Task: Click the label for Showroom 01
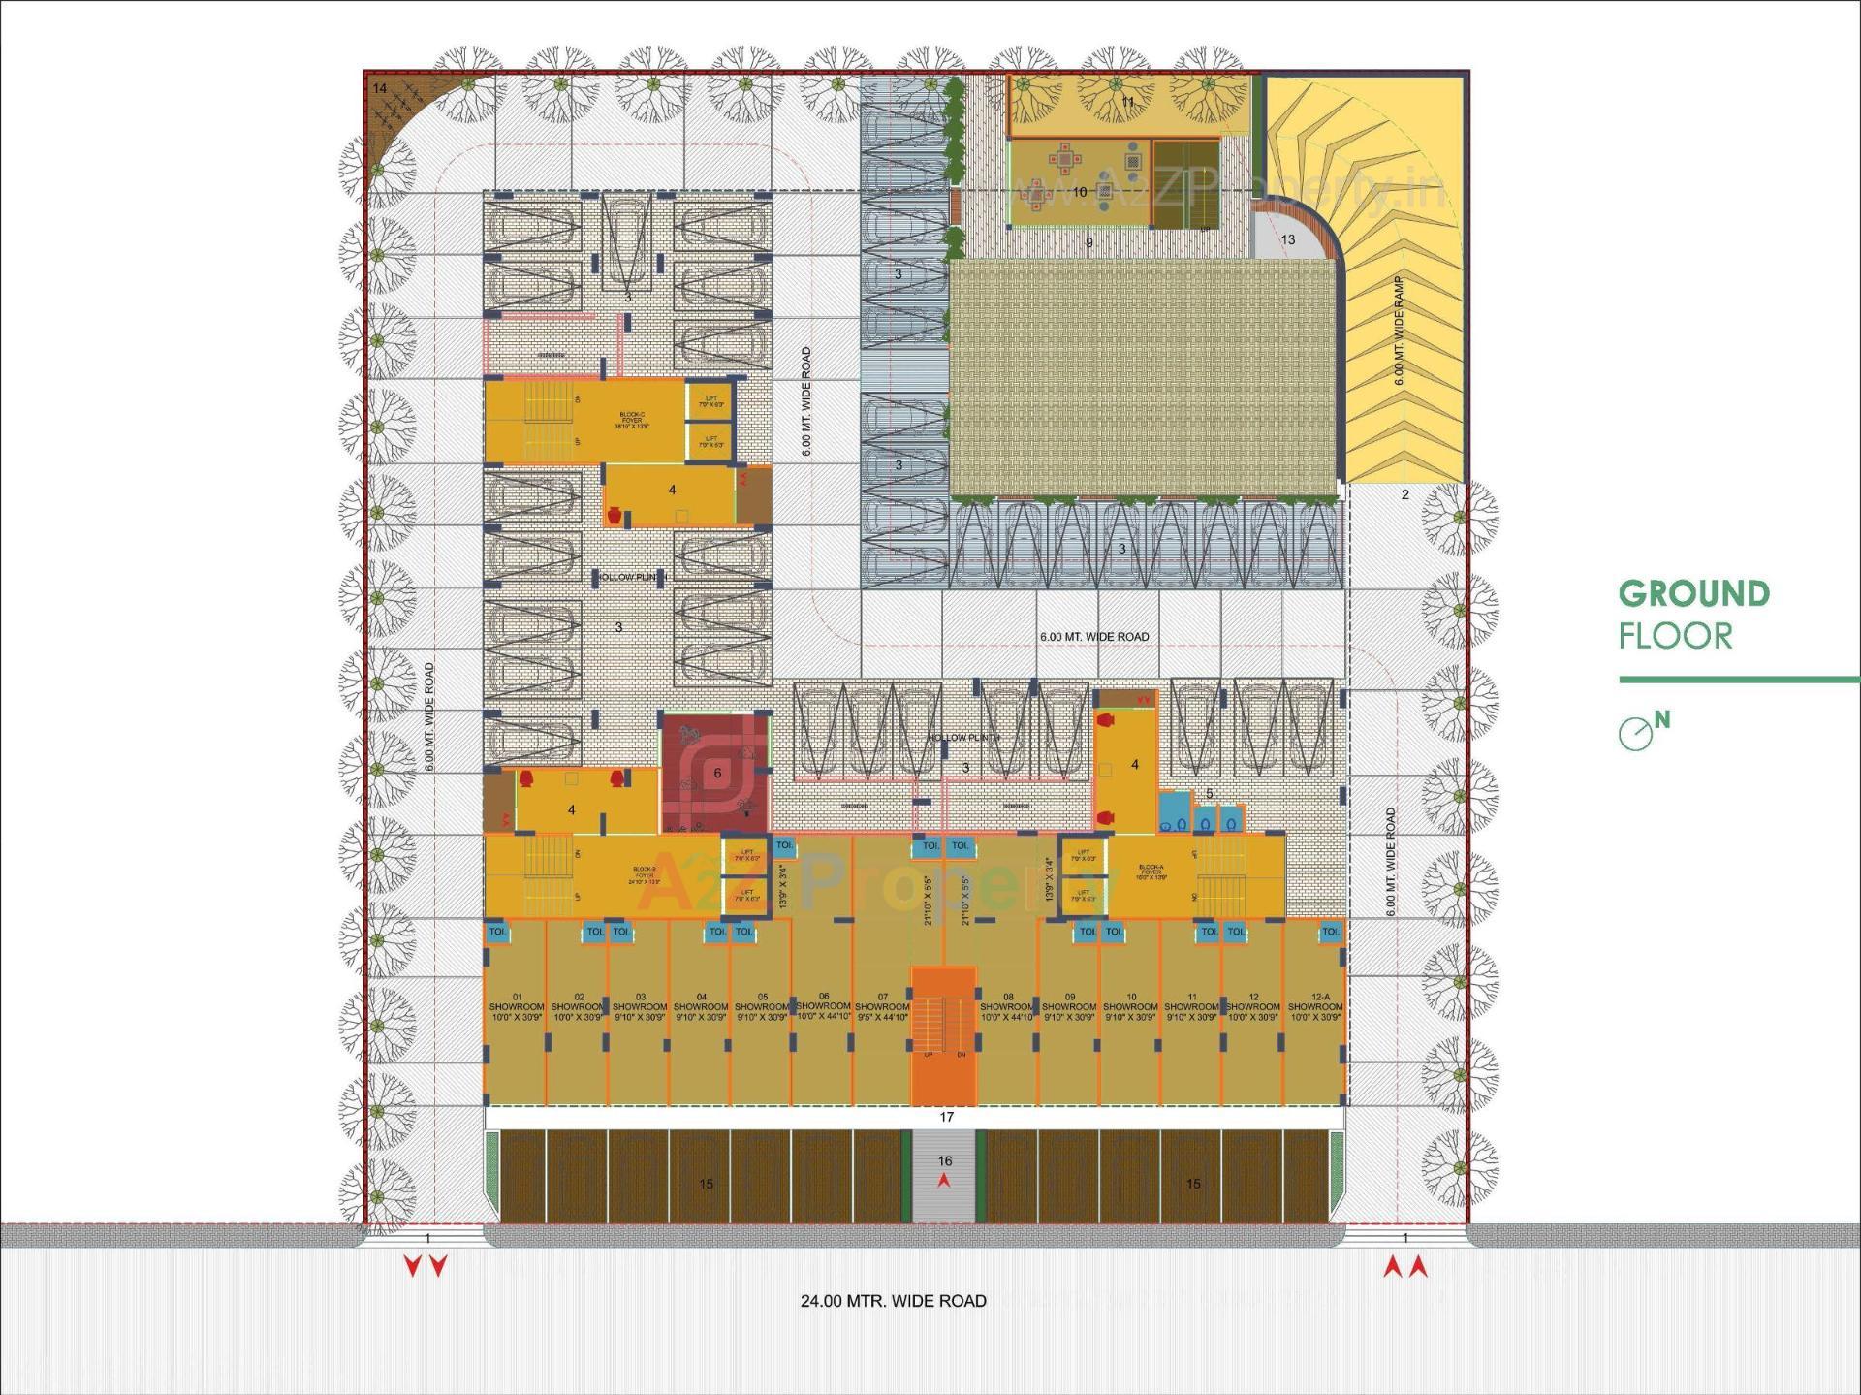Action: [x=517, y=1007]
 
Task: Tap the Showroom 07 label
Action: [x=882, y=1007]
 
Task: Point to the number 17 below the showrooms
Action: [x=947, y=1117]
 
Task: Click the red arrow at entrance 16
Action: [x=944, y=1181]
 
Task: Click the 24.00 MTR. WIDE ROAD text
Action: [x=893, y=1301]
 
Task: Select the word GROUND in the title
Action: [x=1693, y=594]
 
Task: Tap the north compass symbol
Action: [x=1636, y=734]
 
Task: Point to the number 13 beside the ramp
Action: [x=1288, y=239]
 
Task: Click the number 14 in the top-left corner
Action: [x=380, y=89]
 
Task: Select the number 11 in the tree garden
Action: [x=1127, y=102]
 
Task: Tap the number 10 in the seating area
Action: [x=1080, y=192]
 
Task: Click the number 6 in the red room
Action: [x=717, y=774]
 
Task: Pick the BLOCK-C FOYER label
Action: [x=631, y=420]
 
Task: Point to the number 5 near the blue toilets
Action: [x=1209, y=794]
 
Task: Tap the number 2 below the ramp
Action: [x=1405, y=494]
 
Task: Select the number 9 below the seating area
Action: [x=1088, y=242]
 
